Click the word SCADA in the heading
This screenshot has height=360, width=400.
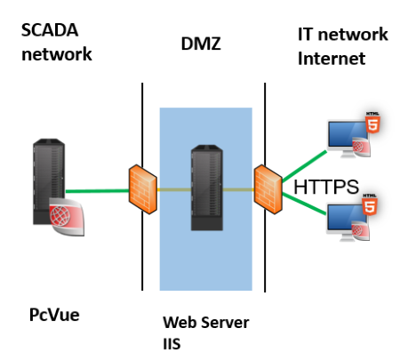pyautogui.click(x=50, y=30)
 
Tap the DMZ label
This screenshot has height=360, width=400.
pyautogui.click(x=201, y=44)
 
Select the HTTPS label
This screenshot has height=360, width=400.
pyautogui.click(x=326, y=187)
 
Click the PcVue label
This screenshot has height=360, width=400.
pyautogui.click(x=54, y=315)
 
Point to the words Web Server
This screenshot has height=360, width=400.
pyautogui.click(x=206, y=323)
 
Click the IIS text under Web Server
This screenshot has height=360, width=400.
pyautogui.click(x=172, y=344)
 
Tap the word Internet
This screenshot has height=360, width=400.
pyautogui.click(x=332, y=59)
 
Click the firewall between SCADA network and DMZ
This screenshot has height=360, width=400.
pyautogui.click(x=143, y=189)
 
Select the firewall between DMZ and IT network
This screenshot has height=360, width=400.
pyautogui.click(x=268, y=189)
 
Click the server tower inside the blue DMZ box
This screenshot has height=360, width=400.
pyautogui.click(x=207, y=188)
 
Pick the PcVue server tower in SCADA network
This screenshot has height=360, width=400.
pyautogui.click(x=49, y=181)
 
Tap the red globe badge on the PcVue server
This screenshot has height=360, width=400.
pyautogui.click(x=67, y=217)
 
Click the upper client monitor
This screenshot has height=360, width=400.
pyautogui.click(x=348, y=139)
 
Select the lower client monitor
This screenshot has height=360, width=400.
pyautogui.click(x=347, y=221)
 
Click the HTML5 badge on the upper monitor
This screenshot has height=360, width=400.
pyautogui.click(x=372, y=123)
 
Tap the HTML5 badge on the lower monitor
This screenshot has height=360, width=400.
pyautogui.click(x=370, y=204)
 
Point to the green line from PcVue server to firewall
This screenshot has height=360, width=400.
pyautogui.click(x=97, y=191)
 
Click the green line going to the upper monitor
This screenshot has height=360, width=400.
pyautogui.click(x=304, y=166)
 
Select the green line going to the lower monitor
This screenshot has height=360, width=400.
pyautogui.click(x=304, y=204)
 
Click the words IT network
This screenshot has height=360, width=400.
pyautogui.click(x=343, y=34)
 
